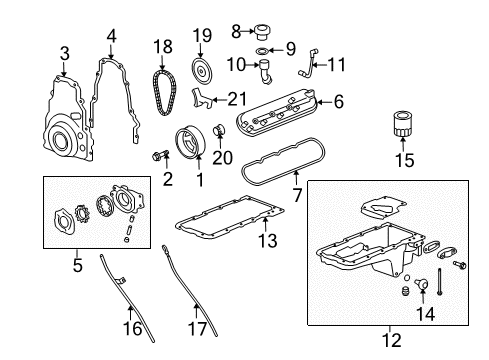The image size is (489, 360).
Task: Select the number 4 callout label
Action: (x=112, y=36)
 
